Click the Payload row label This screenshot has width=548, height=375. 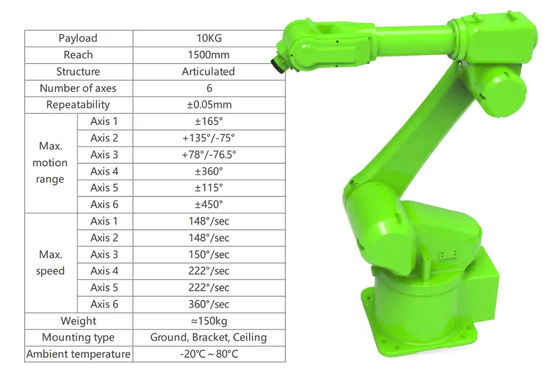pyautogui.click(x=78, y=38)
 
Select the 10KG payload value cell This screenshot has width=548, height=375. pyautogui.click(x=209, y=38)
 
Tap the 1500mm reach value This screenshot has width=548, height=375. pyautogui.click(x=209, y=55)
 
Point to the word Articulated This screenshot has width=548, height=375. pyautogui.click(x=209, y=72)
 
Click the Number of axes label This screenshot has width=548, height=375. pyautogui.click(x=78, y=88)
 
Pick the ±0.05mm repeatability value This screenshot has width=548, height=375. pyautogui.click(x=209, y=105)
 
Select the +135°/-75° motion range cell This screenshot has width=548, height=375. pyautogui.click(x=209, y=138)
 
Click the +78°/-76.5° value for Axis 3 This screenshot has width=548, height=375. pyautogui.click(x=209, y=155)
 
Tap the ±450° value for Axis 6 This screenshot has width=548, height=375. pyautogui.click(x=209, y=204)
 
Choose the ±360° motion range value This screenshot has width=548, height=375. pyautogui.click(x=209, y=171)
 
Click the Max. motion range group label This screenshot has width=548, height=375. pyautogui.click(x=50, y=163)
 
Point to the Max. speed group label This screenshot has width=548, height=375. pyautogui.click(x=50, y=263)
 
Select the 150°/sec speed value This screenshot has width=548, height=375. pyautogui.click(x=209, y=254)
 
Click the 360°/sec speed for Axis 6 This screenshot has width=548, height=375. pyautogui.click(x=209, y=304)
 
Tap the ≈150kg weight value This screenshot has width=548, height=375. pyautogui.click(x=209, y=321)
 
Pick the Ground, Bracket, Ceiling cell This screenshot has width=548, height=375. pyautogui.click(x=209, y=337)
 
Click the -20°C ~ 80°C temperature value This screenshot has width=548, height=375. pyautogui.click(x=209, y=354)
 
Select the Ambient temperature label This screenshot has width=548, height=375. pyautogui.click(x=78, y=354)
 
